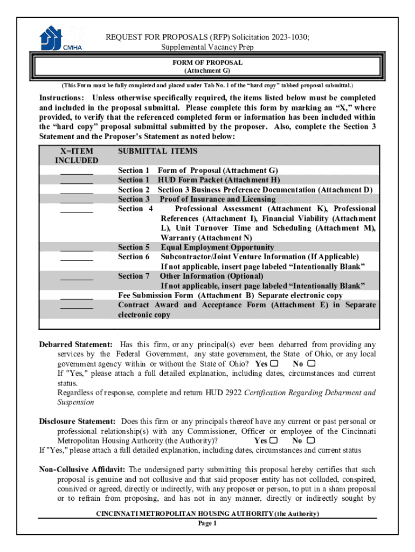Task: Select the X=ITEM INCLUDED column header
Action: point(77,156)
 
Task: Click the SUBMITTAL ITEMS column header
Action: point(157,151)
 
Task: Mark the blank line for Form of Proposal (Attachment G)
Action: point(77,171)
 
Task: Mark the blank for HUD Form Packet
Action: point(77,181)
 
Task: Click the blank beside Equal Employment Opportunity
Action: point(77,249)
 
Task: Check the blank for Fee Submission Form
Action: point(77,296)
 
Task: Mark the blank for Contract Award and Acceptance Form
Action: point(77,306)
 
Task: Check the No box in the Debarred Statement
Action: point(311,363)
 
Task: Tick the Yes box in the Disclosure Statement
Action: point(273,440)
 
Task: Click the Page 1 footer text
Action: point(207,523)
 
